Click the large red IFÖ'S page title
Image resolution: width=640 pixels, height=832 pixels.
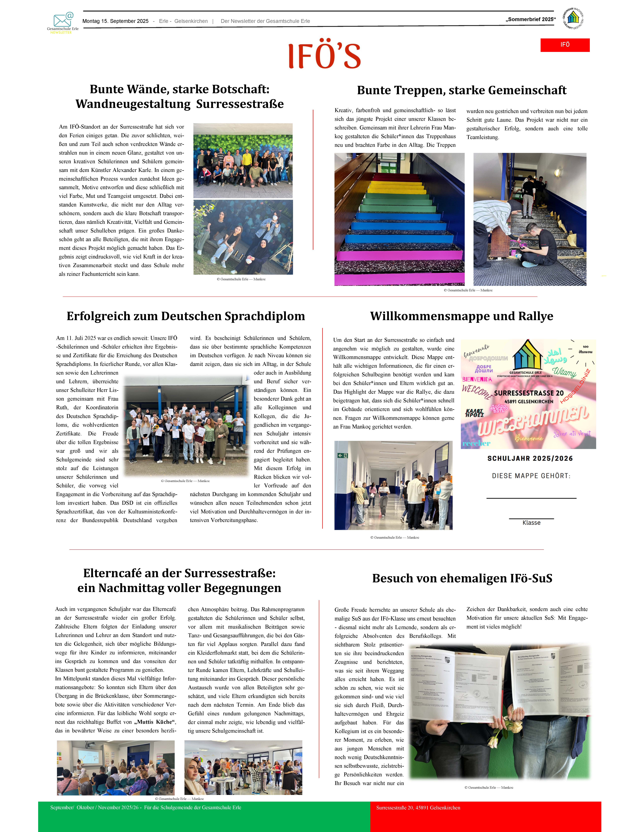click(x=324, y=56)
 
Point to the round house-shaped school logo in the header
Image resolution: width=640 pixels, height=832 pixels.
click(x=573, y=18)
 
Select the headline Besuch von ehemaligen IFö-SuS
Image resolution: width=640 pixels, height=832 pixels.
click(x=462, y=578)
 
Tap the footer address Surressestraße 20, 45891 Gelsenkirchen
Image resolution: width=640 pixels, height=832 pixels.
click(x=418, y=808)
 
